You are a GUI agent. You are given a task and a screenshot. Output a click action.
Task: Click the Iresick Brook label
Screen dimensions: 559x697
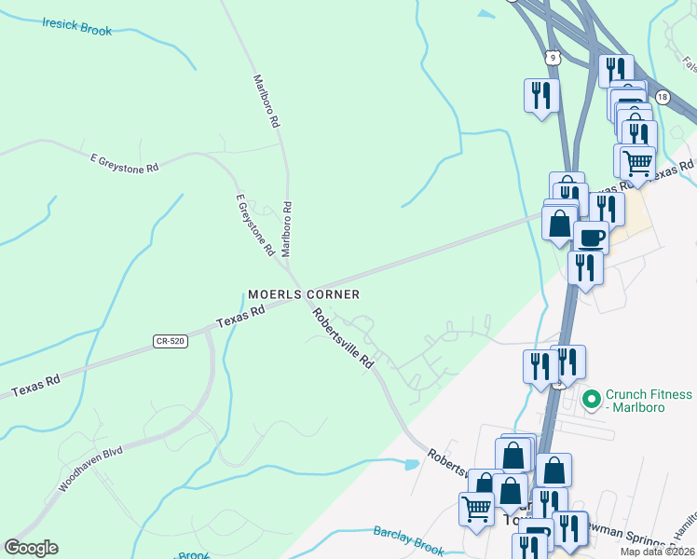(x=76, y=25)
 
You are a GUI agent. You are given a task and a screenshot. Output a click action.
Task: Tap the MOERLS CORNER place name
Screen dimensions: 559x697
(x=304, y=294)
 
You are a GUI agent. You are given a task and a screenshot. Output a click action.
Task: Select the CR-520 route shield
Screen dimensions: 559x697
(x=171, y=342)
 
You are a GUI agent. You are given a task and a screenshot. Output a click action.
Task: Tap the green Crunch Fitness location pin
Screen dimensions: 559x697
(x=590, y=400)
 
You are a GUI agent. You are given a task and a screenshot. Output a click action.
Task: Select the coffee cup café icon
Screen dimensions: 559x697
(x=591, y=237)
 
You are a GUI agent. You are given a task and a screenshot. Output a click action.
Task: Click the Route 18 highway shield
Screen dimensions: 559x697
(x=662, y=97)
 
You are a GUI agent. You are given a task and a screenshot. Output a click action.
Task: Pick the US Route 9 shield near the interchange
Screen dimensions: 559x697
(x=554, y=58)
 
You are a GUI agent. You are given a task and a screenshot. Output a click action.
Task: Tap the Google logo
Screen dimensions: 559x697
(x=30, y=548)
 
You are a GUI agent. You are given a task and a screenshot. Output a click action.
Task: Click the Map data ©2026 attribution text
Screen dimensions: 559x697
(x=658, y=552)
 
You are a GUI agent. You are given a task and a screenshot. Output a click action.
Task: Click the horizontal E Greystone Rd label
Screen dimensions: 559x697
(x=125, y=161)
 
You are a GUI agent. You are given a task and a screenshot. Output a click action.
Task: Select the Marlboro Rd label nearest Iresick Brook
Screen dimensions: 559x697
(x=266, y=101)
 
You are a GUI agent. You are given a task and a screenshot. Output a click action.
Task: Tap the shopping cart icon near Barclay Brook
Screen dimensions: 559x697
(x=476, y=509)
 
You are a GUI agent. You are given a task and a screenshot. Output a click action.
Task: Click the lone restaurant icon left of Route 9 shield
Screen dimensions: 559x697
(x=541, y=94)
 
